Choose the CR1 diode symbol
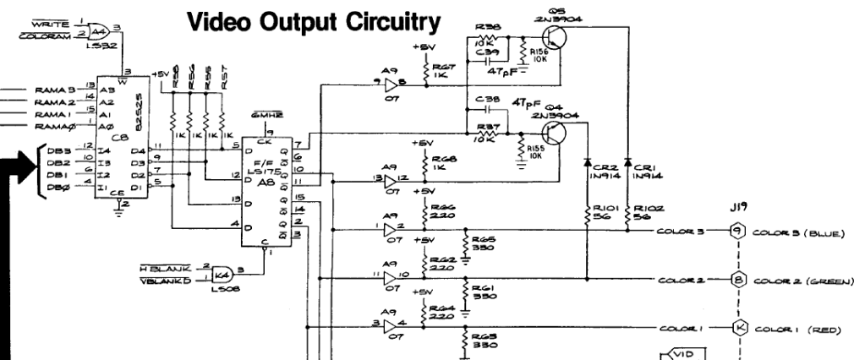pos(627,162)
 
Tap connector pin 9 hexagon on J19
pos(736,230)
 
